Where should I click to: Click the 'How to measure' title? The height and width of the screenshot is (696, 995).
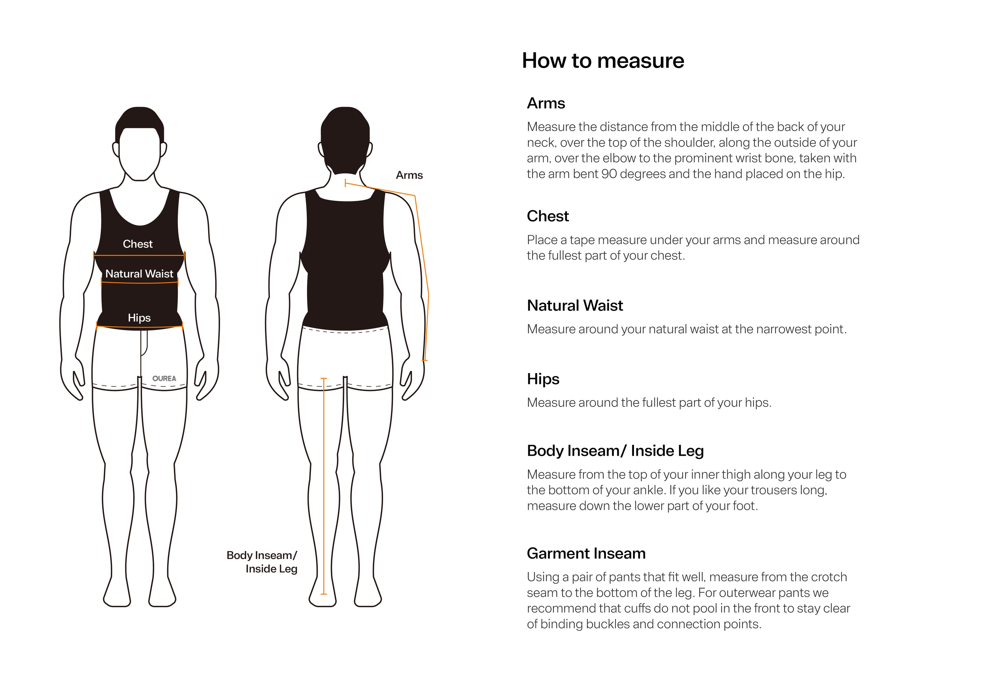click(x=603, y=60)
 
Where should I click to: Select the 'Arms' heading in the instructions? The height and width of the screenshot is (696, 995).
click(x=546, y=103)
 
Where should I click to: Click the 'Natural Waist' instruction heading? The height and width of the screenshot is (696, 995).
click(x=575, y=306)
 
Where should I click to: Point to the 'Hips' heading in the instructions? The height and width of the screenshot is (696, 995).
click(x=543, y=379)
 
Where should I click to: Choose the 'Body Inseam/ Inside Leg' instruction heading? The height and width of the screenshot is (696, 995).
click(x=615, y=451)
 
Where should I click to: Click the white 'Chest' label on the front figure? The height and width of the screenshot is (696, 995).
click(x=138, y=244)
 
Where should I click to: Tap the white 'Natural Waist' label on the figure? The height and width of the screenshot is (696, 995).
click(x=139, y=274)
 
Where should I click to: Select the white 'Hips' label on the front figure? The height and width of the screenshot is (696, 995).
click(x=139, y=318)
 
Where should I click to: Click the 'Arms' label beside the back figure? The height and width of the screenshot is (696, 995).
click(x=409, y=175)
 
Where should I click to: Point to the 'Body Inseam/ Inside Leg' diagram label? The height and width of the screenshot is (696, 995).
click(x=262, y=562)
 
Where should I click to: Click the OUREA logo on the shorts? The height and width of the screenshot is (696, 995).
click(x=164, y=378)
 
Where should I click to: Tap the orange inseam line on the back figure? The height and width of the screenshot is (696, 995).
click(x=323, y=486)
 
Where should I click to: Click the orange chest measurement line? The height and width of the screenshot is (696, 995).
click(x=139, y=256)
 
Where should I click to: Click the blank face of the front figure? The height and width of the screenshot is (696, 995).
click(x=139, y=154)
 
